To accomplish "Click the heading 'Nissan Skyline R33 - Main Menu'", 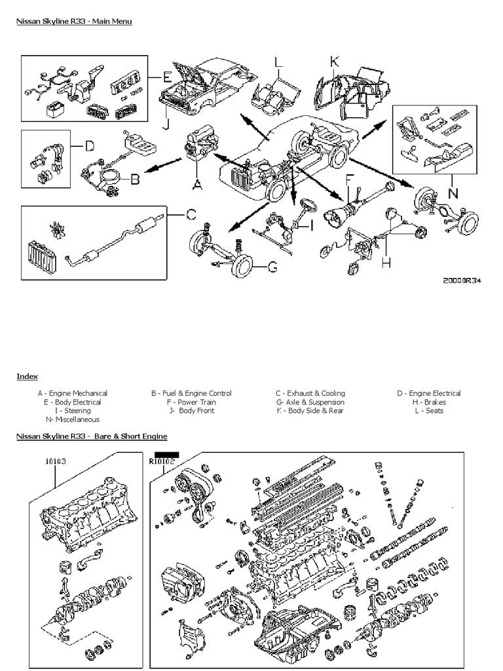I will [74, 22].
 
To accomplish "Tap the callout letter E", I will [168, 77].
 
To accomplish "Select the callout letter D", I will [90, 145].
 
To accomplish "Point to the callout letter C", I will [190, 214].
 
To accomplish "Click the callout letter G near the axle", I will [272, 267].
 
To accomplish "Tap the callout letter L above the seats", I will [278, 63].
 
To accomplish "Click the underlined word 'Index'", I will [27, 376].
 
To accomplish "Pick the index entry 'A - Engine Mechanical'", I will [72, 393].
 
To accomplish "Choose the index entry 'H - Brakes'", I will [428, 402].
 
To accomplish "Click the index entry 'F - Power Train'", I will [191, 402].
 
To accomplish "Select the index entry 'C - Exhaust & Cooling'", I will [310, 393].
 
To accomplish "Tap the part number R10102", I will [162, 461].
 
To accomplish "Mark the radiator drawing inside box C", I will [40, 257].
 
